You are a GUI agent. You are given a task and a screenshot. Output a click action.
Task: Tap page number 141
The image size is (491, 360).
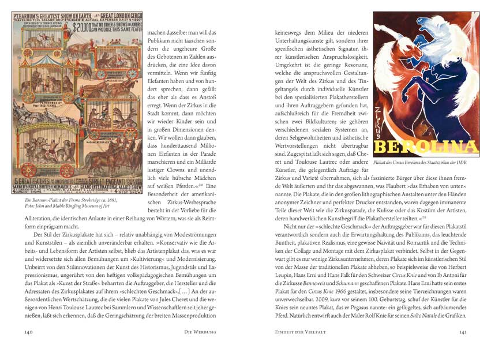point(463,332)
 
